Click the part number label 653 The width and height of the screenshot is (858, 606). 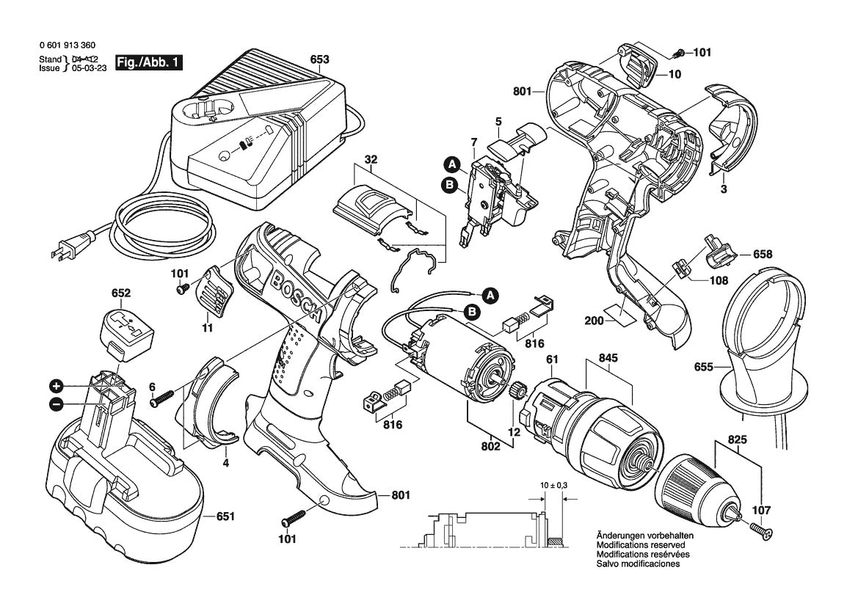319,59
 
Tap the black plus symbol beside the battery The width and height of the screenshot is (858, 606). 55,386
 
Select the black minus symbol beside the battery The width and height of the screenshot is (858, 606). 55,404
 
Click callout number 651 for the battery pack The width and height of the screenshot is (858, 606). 225,517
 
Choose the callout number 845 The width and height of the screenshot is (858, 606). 608,359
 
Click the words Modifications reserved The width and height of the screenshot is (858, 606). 641,546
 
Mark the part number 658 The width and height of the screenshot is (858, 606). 763,254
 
